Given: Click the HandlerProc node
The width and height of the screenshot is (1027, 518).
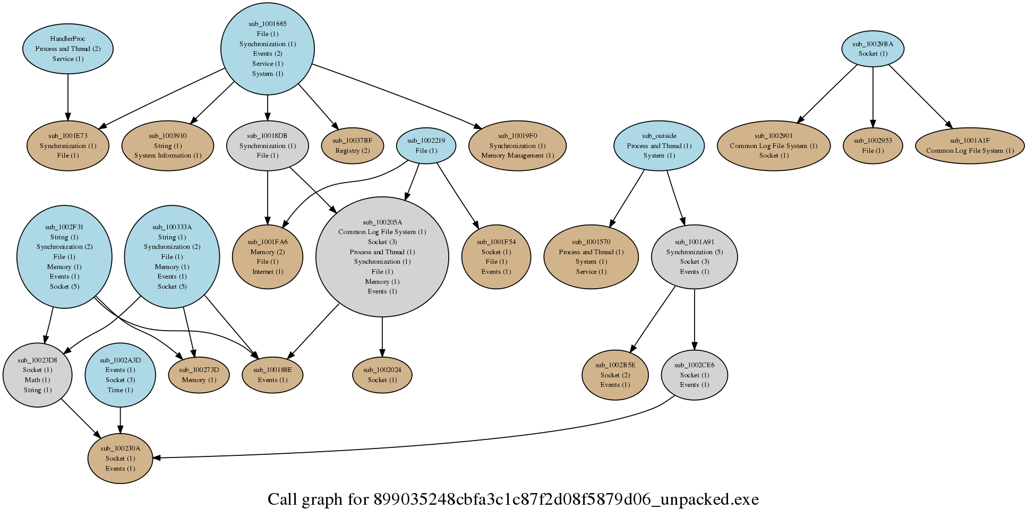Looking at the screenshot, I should point(67,48).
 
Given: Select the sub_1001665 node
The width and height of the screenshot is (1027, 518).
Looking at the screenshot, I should point(267,48).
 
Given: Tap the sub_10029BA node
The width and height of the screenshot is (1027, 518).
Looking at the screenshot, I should point(872,48).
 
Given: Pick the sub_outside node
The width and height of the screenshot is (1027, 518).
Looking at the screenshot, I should point(658,145).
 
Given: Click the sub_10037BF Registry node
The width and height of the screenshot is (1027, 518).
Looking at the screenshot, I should point(352,145).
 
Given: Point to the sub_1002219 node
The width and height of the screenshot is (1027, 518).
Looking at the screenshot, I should point(426,145).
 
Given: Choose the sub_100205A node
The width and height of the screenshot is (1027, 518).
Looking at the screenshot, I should point(382,257).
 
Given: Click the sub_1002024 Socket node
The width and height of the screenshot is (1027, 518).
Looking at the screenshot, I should point(382,375).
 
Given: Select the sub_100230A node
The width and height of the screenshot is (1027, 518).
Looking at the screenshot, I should point(120,458).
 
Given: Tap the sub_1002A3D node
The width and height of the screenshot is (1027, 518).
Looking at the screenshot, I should point(120,375).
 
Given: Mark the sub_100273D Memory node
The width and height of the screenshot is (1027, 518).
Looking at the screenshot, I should point(199,375).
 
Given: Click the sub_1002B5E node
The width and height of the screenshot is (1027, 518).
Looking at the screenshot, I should point(615,375).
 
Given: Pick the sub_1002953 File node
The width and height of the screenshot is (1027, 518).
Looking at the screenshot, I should point(872,145).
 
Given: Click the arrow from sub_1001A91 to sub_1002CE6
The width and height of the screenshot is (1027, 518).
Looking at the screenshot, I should point(694,318).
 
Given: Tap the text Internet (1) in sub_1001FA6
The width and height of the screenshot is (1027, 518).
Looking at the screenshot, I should point(268,272).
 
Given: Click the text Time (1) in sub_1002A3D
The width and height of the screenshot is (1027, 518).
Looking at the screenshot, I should point(120,390).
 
